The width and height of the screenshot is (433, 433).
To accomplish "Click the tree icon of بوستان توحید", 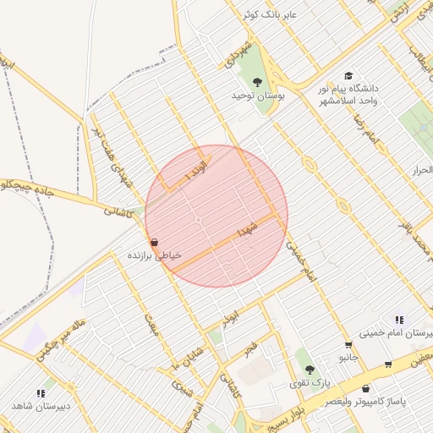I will coord(257,81).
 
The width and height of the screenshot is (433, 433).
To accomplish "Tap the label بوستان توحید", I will coord(259,96).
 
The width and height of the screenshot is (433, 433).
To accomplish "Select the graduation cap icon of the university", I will coord(348,76).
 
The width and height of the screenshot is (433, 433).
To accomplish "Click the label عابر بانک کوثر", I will coord(269,15).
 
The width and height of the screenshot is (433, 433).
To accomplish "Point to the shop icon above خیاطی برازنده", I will coord(153,242).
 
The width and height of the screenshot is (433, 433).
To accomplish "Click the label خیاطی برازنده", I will coord(150,255).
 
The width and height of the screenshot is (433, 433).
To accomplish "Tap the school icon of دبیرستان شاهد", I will coord(41,393).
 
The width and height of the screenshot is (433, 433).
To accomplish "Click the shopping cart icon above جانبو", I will coord(348,345).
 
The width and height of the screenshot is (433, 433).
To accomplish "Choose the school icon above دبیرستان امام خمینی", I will coord(398,320).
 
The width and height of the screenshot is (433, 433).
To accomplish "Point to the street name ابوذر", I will coord(231,319).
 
